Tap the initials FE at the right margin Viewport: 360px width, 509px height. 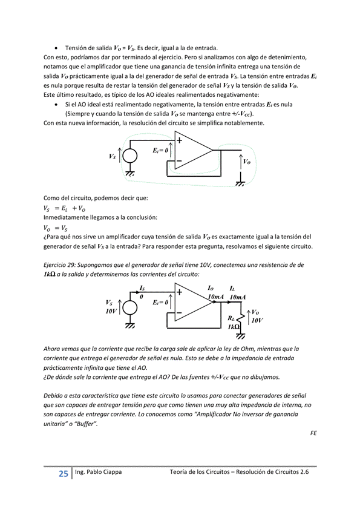pyautogui.click(x=313, y=433)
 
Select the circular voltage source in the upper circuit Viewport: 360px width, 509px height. pyautogui.click(x=129, y=156)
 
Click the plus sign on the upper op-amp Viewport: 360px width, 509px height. pyautogui.click(x=180, y=139)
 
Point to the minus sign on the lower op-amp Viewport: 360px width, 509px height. pyautogui.click(x=180, y=315)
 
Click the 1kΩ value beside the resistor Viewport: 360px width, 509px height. pyautogui.click(x=233, y=327)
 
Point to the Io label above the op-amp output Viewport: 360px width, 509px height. pyautogui.click(x=211, y=288)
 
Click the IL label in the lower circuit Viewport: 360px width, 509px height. pyautogui.click(x=233, y=288)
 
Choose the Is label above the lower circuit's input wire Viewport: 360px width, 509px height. pyautogui.click(x=142, y=288)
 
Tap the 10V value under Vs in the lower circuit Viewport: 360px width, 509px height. pyautogui.click(x=111, y=310)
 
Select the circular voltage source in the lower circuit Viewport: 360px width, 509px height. pyautogui.click(x=129, y=307)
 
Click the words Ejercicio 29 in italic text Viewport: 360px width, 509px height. pyautogui.click(x=64, y=265)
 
